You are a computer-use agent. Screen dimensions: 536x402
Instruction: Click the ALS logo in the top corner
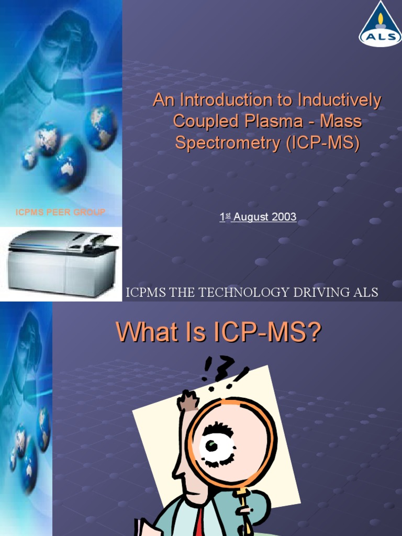(381, 25)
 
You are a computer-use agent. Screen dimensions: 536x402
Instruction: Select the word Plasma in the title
(276, 121)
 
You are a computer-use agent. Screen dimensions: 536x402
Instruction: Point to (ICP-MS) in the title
(323, 143)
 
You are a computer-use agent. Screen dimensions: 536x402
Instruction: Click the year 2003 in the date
(283, 217)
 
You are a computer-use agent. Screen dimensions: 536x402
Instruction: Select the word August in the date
(250, 217)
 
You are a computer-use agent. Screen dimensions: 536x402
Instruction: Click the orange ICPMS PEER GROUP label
(60, 212)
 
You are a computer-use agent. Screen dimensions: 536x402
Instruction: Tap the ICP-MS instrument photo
(62, 262)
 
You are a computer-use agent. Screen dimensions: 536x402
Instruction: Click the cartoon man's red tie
(199, 521)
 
